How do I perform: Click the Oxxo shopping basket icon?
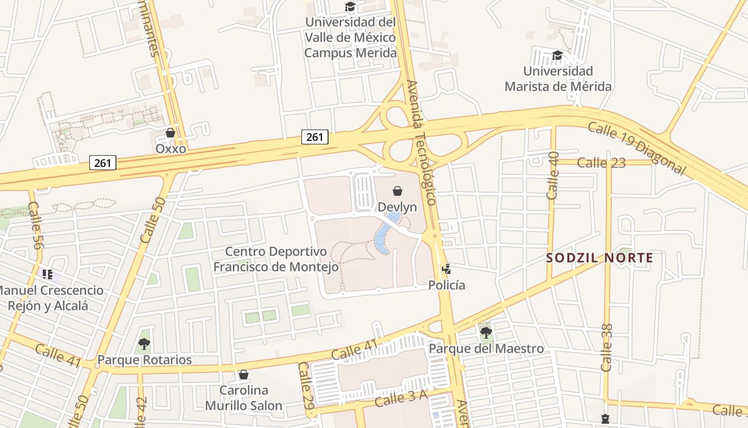click(170, 133)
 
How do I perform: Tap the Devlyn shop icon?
click(397, 191)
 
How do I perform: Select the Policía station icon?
click(447, 269)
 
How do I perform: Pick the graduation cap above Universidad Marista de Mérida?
click(557, 55)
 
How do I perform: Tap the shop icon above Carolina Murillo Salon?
click(244, 374)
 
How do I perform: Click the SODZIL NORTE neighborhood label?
click(599, 258)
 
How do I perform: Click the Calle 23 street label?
click(601, 163)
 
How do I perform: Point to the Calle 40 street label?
click(554, 175)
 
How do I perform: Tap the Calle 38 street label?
click(607, 348)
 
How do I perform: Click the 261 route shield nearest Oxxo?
click(103, 162)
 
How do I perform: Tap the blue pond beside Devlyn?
click(386, 234)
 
